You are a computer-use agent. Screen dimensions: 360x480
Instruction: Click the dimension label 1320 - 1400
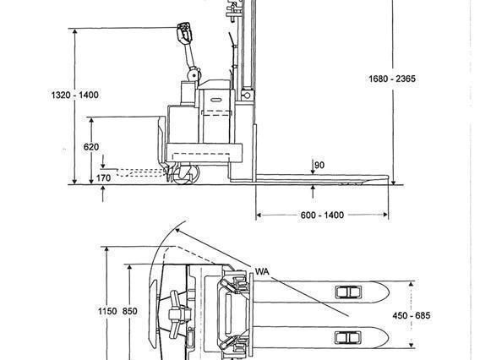click(x=75, y=95)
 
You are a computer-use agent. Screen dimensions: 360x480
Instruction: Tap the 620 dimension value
click(x=91, y=146)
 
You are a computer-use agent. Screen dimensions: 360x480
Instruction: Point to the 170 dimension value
click(x=102, y=177)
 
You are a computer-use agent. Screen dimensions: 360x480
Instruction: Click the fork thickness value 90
click(x=319, y=165)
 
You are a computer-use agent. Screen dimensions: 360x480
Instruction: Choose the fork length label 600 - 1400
click(x=322, y=215)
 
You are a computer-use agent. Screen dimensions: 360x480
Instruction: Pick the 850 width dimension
click(x=129, y=312)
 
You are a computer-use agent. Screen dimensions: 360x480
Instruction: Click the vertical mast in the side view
click(x=243, y=51)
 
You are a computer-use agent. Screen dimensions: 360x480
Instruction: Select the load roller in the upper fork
click(x=347, y=292)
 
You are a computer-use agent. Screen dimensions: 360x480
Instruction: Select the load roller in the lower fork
click(x=347, y=337)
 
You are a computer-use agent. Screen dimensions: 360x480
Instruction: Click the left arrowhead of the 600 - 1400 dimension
click(x=259, y=215)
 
